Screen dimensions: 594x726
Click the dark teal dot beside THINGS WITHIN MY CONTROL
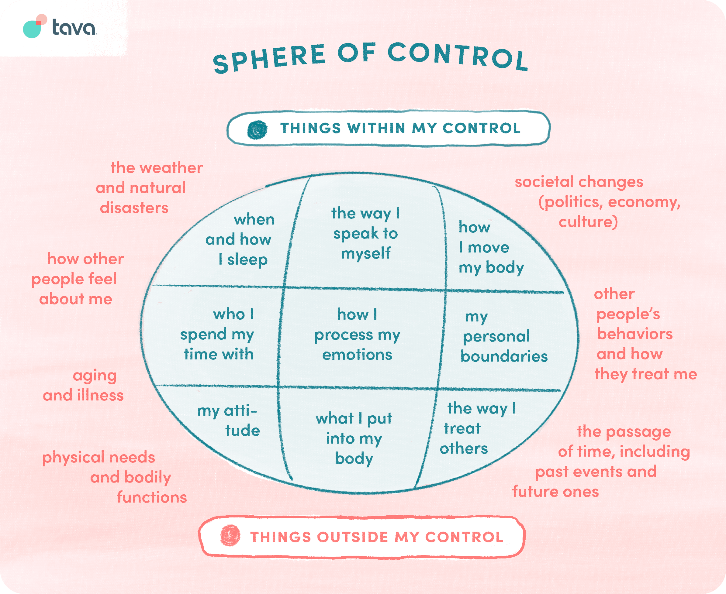coord(257,130)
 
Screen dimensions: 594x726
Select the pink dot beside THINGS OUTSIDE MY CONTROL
coord(230,535)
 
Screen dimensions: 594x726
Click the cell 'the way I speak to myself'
coord(365,233)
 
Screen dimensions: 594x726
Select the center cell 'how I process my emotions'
coord(357,334)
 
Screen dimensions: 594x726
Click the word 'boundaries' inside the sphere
coord(504,356)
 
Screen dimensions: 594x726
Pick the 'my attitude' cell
coord(229,421)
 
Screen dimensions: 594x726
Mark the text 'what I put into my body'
coord(354,439)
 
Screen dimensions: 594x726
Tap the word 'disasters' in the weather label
coord(134,208)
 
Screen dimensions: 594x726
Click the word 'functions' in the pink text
coord(152,497)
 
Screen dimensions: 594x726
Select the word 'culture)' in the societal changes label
coord(588,222)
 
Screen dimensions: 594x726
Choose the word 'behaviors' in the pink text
coord(634,334)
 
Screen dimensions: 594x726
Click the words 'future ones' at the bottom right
coord(555,492)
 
